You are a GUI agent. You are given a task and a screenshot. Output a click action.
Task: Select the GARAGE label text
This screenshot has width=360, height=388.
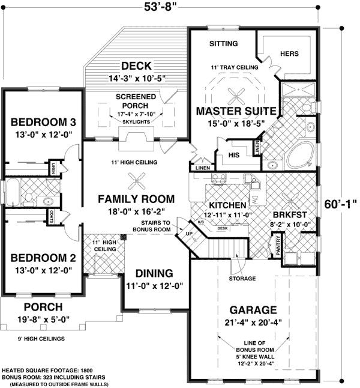(x=254, y=311)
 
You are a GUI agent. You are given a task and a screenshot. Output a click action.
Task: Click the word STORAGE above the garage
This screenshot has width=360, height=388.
(x=242, y=279)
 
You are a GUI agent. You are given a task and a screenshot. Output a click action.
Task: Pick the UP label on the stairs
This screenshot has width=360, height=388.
(x=189, y=233)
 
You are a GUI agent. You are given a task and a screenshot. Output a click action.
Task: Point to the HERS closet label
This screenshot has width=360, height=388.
(x=289, y=53)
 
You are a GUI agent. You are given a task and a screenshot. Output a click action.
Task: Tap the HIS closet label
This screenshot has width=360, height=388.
(x=234, y=155)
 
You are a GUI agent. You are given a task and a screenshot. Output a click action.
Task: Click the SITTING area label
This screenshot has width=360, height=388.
(x=224, y=44)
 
